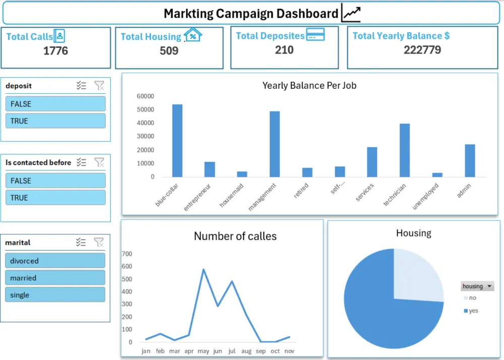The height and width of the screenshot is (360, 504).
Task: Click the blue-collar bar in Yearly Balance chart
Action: coord(177,141)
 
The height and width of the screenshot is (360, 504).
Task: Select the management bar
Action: coord(275,144)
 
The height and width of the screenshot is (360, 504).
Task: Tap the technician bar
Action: coord(405,150)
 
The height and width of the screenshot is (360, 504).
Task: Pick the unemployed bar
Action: coord(437,175)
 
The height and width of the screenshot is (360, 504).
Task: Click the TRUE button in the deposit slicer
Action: coord(55,121)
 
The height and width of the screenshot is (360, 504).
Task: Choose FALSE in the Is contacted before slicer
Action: coord(55,181)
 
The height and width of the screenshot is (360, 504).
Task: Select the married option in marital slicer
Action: coord(55,278)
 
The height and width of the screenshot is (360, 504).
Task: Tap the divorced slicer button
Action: coord(55,261)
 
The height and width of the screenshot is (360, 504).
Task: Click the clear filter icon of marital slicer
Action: coord(99,242)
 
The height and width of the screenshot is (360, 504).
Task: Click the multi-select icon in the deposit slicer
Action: coord(81,86)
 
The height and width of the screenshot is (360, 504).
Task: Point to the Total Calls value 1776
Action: coord(55,50)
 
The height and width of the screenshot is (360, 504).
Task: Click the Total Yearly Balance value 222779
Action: coord(422,50)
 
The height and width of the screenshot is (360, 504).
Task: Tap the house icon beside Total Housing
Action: coord(193,35)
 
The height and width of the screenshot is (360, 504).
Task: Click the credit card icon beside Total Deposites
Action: coord(316,35)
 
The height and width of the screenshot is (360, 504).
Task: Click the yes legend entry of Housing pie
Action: coord(471,311)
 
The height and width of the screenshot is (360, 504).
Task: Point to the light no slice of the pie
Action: coord(416,276)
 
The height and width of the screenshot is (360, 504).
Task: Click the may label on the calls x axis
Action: coord(203,351)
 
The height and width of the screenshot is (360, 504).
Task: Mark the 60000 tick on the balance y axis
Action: coord(145,96)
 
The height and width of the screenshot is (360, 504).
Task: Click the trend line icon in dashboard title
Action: coord(351,13)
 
